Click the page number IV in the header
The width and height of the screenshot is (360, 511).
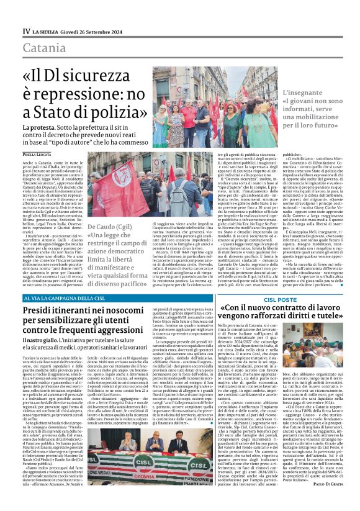point(25,31)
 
